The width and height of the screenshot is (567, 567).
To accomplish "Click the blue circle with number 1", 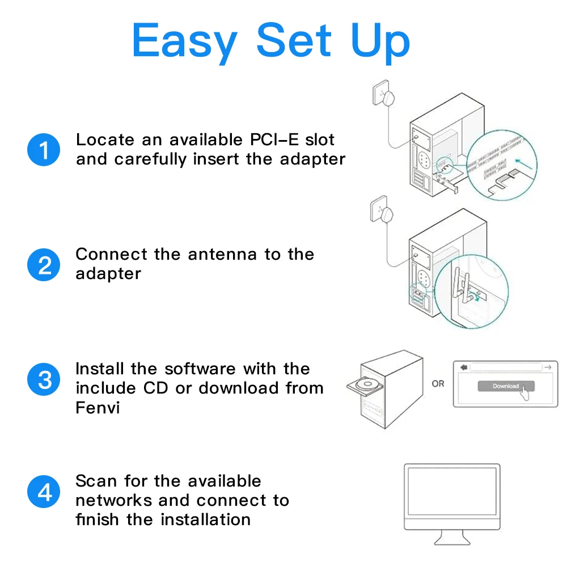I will coord(44,150).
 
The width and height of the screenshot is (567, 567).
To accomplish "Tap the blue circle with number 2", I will coord(44,265).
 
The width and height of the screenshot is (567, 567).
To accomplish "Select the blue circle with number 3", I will coord(44,379).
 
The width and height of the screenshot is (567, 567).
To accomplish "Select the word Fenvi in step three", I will coord(98,407).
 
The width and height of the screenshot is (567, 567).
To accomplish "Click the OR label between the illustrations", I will coord(438,384).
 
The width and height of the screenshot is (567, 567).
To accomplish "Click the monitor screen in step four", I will coord(452,494).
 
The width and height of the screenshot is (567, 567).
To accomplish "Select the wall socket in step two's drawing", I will coord(384,211).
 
